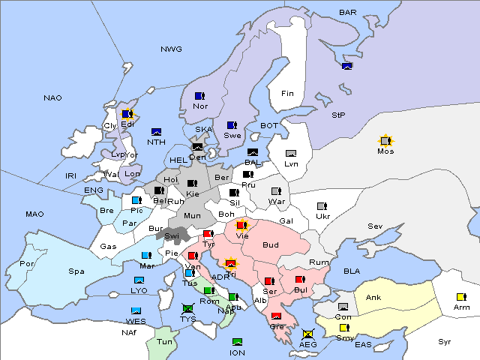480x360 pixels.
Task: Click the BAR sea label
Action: click(x=348, y=13)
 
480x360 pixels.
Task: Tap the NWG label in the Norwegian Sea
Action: click(x=171, y=49)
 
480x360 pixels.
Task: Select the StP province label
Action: click(x=338, y=115)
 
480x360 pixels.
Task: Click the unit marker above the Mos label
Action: click(x=385, y=141)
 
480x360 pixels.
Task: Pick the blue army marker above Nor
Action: click(x=199, y=96)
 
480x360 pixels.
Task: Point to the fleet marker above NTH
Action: click(x=156, y=132)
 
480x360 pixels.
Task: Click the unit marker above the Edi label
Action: click(x=127, y=114)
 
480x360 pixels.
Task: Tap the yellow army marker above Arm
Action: click(x=460, y=295)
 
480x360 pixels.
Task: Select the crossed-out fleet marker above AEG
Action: click(x=307, y=333)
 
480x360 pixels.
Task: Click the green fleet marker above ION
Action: click(x=237, y=342)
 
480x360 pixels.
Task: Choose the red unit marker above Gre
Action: click(x=276, y=316)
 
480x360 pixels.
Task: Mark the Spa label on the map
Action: click(x=76, y=271)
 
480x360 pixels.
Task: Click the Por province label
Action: click(x=28, y=264)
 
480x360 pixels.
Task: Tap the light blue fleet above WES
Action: click(x=136, y=310)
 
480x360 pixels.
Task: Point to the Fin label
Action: click(x=287, y=94)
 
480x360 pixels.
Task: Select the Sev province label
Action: click(x=375, y=226)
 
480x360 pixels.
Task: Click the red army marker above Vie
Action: click(x=241, y=224)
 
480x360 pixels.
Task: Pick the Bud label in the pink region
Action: click(x=270, y=244)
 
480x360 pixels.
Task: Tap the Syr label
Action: click(x=445, y=341)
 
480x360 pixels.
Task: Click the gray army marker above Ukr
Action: click(x=322, y=206)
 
